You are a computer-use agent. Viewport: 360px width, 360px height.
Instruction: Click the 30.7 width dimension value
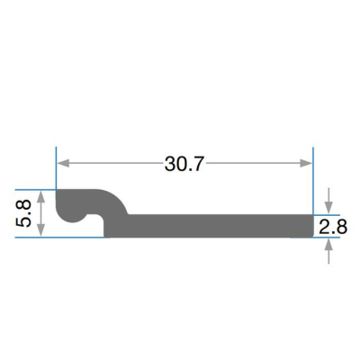[x=184, y=164]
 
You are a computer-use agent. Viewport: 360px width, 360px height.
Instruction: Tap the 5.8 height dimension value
[x=23, y=213]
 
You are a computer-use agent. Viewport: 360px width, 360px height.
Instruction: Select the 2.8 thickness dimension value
[x=333, y=227]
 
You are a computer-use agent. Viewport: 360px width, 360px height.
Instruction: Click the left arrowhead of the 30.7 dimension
[x=63, y=163]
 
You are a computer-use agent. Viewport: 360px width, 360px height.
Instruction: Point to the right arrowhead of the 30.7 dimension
[x=306, y=163]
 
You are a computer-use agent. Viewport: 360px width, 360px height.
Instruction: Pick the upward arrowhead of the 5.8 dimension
[x=41, y=197]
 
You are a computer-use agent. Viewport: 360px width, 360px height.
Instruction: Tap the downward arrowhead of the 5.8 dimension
[x=41, y=230]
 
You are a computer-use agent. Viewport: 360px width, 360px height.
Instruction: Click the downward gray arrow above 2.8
[x=328, y=201]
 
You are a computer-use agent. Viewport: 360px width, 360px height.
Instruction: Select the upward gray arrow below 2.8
[x=328, y=251]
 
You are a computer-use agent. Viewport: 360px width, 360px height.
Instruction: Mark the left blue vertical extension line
[x=56, y=168]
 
